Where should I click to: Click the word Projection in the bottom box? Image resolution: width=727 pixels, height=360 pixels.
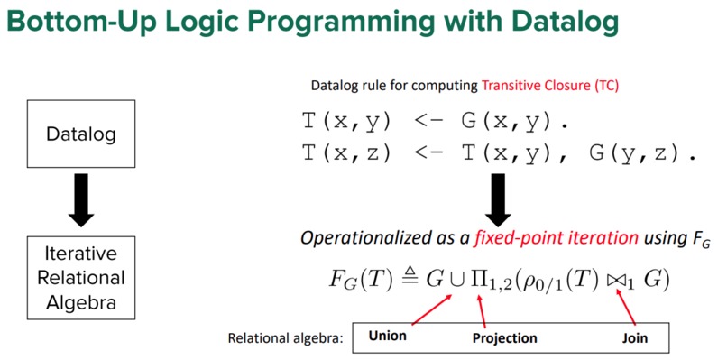(x=504, y=338)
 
